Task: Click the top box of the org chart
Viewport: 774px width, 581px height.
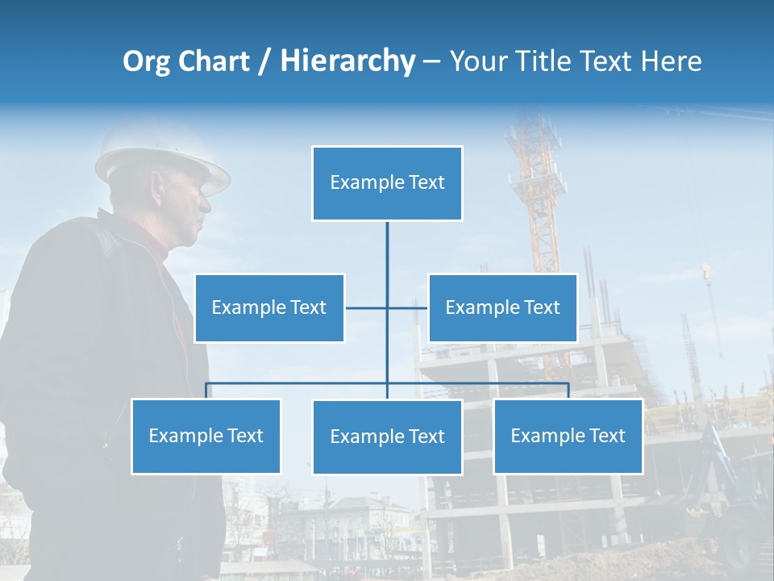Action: coord(387,183)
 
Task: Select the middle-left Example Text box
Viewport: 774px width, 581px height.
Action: coord(269,308)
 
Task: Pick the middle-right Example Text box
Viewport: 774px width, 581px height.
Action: coord(502,308)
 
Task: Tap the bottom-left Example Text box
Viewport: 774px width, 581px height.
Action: coord(206,437)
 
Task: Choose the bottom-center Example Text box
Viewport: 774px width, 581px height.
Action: coord(387,437)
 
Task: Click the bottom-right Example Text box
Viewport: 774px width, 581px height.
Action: coord(568,437)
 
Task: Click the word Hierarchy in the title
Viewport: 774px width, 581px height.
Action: coord(347,61)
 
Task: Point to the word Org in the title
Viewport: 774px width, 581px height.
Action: coord(146,62)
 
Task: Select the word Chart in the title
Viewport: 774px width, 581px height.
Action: coord(214,61)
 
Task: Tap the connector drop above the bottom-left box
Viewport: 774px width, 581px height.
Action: coord(206,391)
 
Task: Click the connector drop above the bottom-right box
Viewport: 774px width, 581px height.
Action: coord(568,391)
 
